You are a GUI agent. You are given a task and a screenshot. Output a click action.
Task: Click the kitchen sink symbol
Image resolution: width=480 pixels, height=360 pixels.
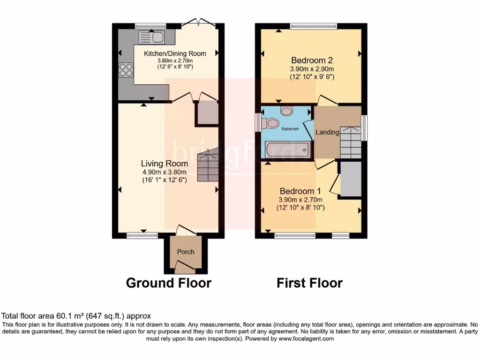click(151, 37)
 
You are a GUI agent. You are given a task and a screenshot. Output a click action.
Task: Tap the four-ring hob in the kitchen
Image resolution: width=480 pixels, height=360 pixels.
click(126, 70)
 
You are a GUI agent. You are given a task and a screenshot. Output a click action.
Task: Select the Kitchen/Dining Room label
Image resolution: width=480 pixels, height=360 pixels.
click(175, 53)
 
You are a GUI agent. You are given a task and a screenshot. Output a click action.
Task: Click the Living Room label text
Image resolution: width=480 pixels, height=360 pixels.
click(165, 164)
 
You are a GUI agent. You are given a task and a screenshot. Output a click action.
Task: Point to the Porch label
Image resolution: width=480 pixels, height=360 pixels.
click(185, 252)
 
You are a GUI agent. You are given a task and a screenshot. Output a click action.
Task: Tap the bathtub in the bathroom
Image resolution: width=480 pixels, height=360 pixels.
click(285, 150)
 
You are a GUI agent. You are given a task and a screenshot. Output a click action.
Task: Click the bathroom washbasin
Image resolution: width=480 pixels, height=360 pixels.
click(286, 111)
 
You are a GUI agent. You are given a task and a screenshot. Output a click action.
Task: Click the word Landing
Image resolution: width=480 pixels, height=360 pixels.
click(327, 132)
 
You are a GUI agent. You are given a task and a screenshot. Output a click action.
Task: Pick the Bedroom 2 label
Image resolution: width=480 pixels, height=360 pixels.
click(312, 60)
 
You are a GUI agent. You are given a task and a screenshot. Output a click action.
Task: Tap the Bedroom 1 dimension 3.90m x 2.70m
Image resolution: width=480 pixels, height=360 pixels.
click(300, 200)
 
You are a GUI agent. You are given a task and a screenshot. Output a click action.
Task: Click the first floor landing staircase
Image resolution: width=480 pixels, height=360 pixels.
click(350, 142)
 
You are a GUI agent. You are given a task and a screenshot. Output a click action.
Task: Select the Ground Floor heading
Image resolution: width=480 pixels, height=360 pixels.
click(169, 283)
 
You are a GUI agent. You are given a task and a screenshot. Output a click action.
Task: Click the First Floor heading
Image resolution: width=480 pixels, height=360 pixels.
click(309, 283)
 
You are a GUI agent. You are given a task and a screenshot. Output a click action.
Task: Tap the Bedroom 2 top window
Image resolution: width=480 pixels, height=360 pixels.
click(313, 26)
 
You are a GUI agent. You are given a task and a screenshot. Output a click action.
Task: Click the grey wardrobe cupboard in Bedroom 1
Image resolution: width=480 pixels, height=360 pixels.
click(351, 179)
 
